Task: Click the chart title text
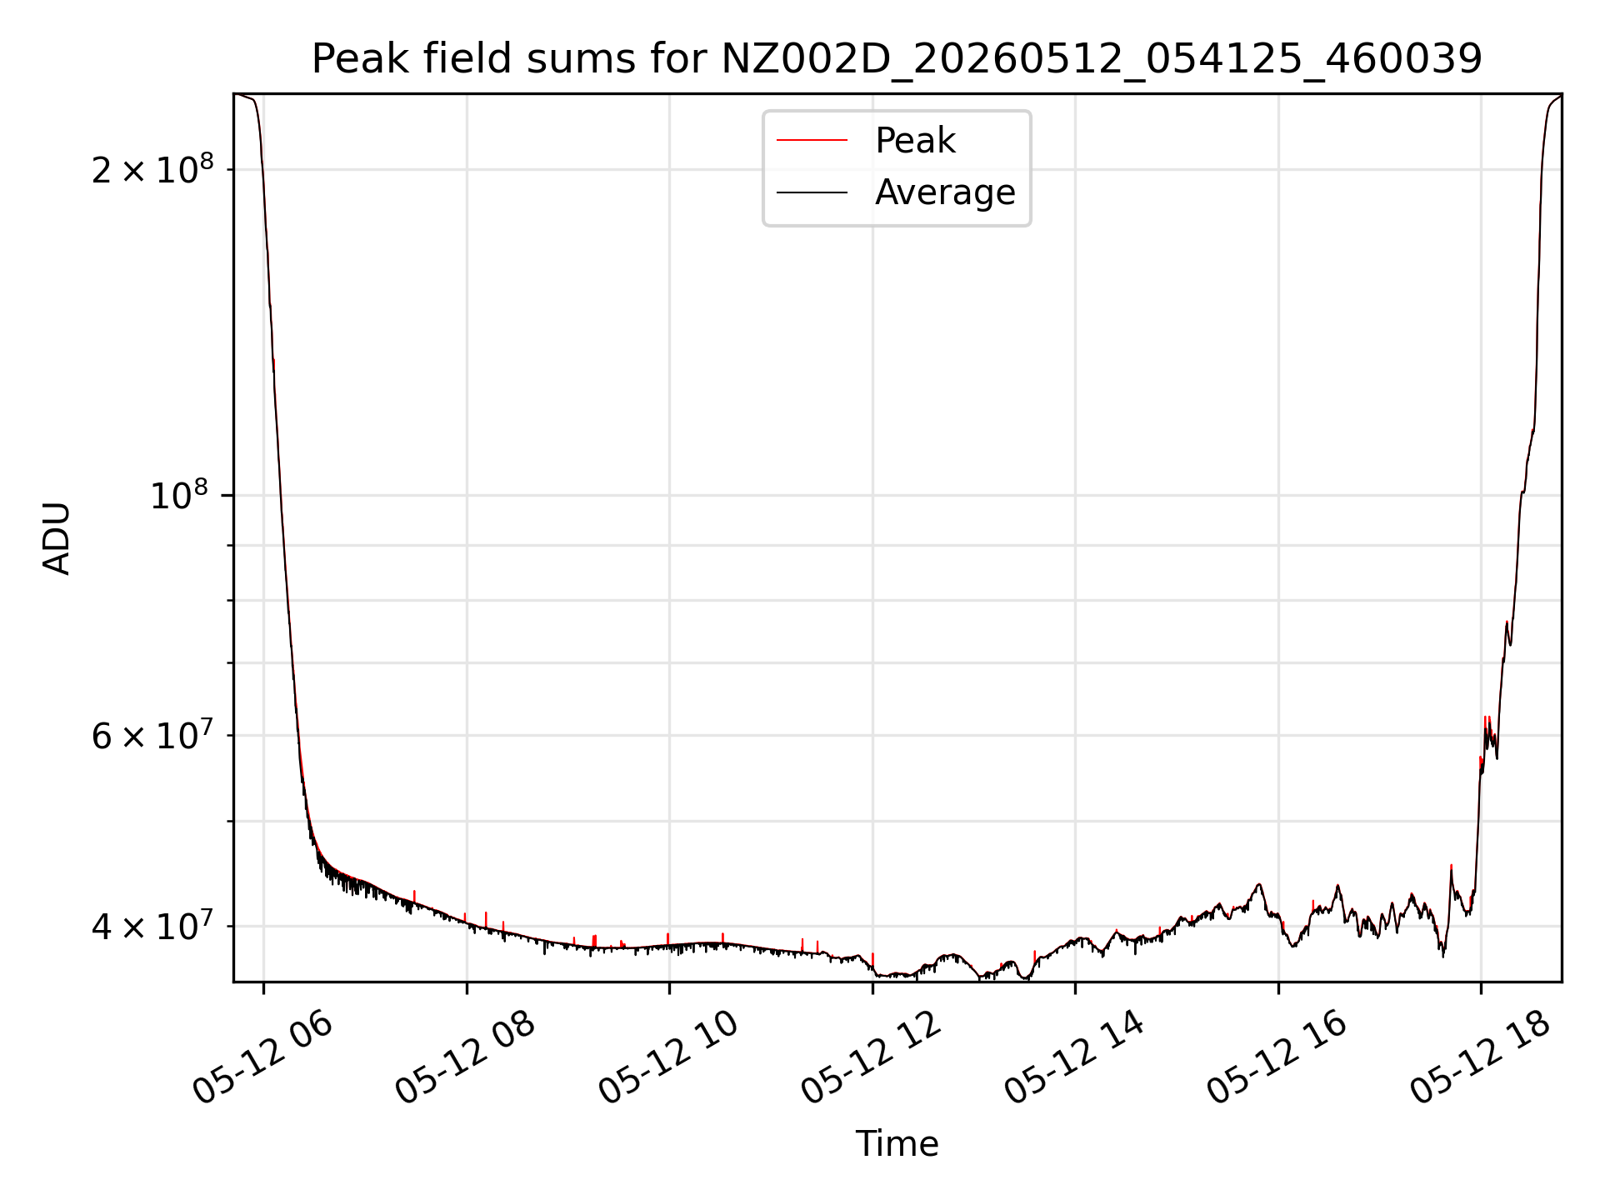[x=897, y=59]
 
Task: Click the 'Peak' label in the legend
[x=915, y=141]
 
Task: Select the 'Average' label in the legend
[x=945, y=192]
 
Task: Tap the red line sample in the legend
[x=812, y=141]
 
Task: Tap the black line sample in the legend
[x=812, y=192]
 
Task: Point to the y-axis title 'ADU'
[x=57, y=538]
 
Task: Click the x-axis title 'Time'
[x=897, y=1144]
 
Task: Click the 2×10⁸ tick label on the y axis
[x=152, y=170]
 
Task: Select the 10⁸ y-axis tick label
[x=180, y=496]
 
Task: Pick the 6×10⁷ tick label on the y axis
[x=152, y=736]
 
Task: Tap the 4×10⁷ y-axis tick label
[x=152, y=926]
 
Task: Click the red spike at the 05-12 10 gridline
[x=668, y=939]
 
